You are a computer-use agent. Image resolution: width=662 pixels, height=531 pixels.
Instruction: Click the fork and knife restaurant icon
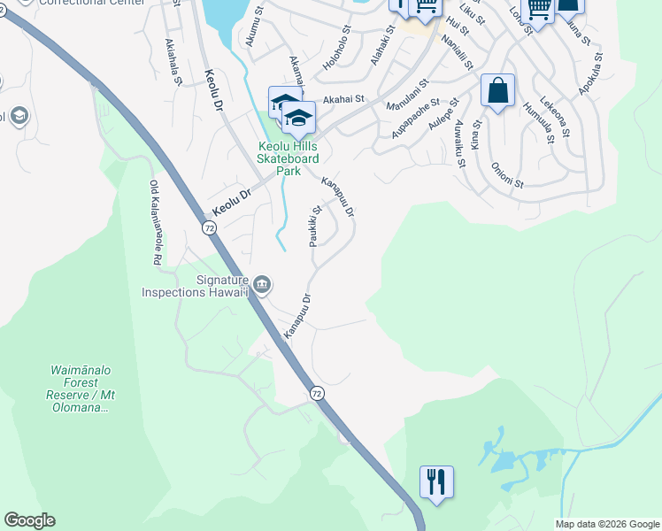[436, 482]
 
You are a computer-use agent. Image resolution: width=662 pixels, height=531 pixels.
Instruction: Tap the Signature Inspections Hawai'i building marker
[261, 284]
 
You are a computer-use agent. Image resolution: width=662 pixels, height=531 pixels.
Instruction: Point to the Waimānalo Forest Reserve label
[81, 389]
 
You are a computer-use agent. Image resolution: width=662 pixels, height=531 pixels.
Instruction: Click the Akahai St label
[343, 100]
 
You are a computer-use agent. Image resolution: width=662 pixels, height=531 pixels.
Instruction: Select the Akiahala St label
[173, 61]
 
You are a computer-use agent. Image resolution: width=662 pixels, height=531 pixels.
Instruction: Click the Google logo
[29, 520]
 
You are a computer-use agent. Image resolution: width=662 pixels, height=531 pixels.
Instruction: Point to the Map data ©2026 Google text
[606, 524]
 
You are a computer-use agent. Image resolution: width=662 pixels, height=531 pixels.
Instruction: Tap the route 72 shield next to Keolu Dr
[210, 227]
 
